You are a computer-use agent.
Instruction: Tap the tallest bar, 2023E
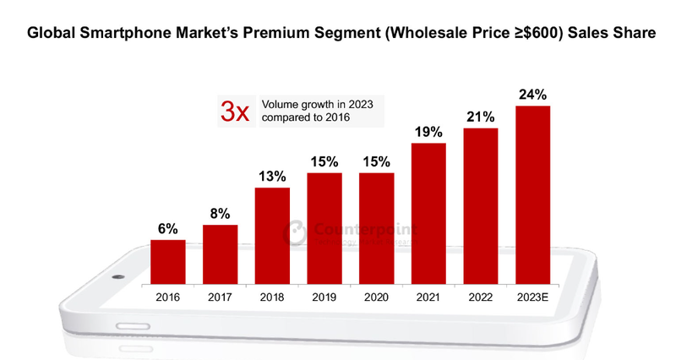click(x=532, y=194)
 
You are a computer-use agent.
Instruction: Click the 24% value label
click(x=532, y=95)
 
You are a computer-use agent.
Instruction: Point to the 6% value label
click(x=168, y=229)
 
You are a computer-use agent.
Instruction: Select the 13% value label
click(x=272, y=177)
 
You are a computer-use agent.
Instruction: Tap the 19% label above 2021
click(x=428, y=133)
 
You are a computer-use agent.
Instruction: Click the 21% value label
click(x=480, y=117)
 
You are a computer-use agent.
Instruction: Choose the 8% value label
click(x=220, y=214)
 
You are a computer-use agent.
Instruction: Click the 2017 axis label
click(x=220, y=297)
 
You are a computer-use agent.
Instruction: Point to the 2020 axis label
click(x=376, y=297)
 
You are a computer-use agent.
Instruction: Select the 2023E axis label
click(x=532, y=297)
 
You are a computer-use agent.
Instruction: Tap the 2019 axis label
click(x=324, y=297)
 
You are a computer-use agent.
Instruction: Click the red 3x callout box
click(x=235, y=111)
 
